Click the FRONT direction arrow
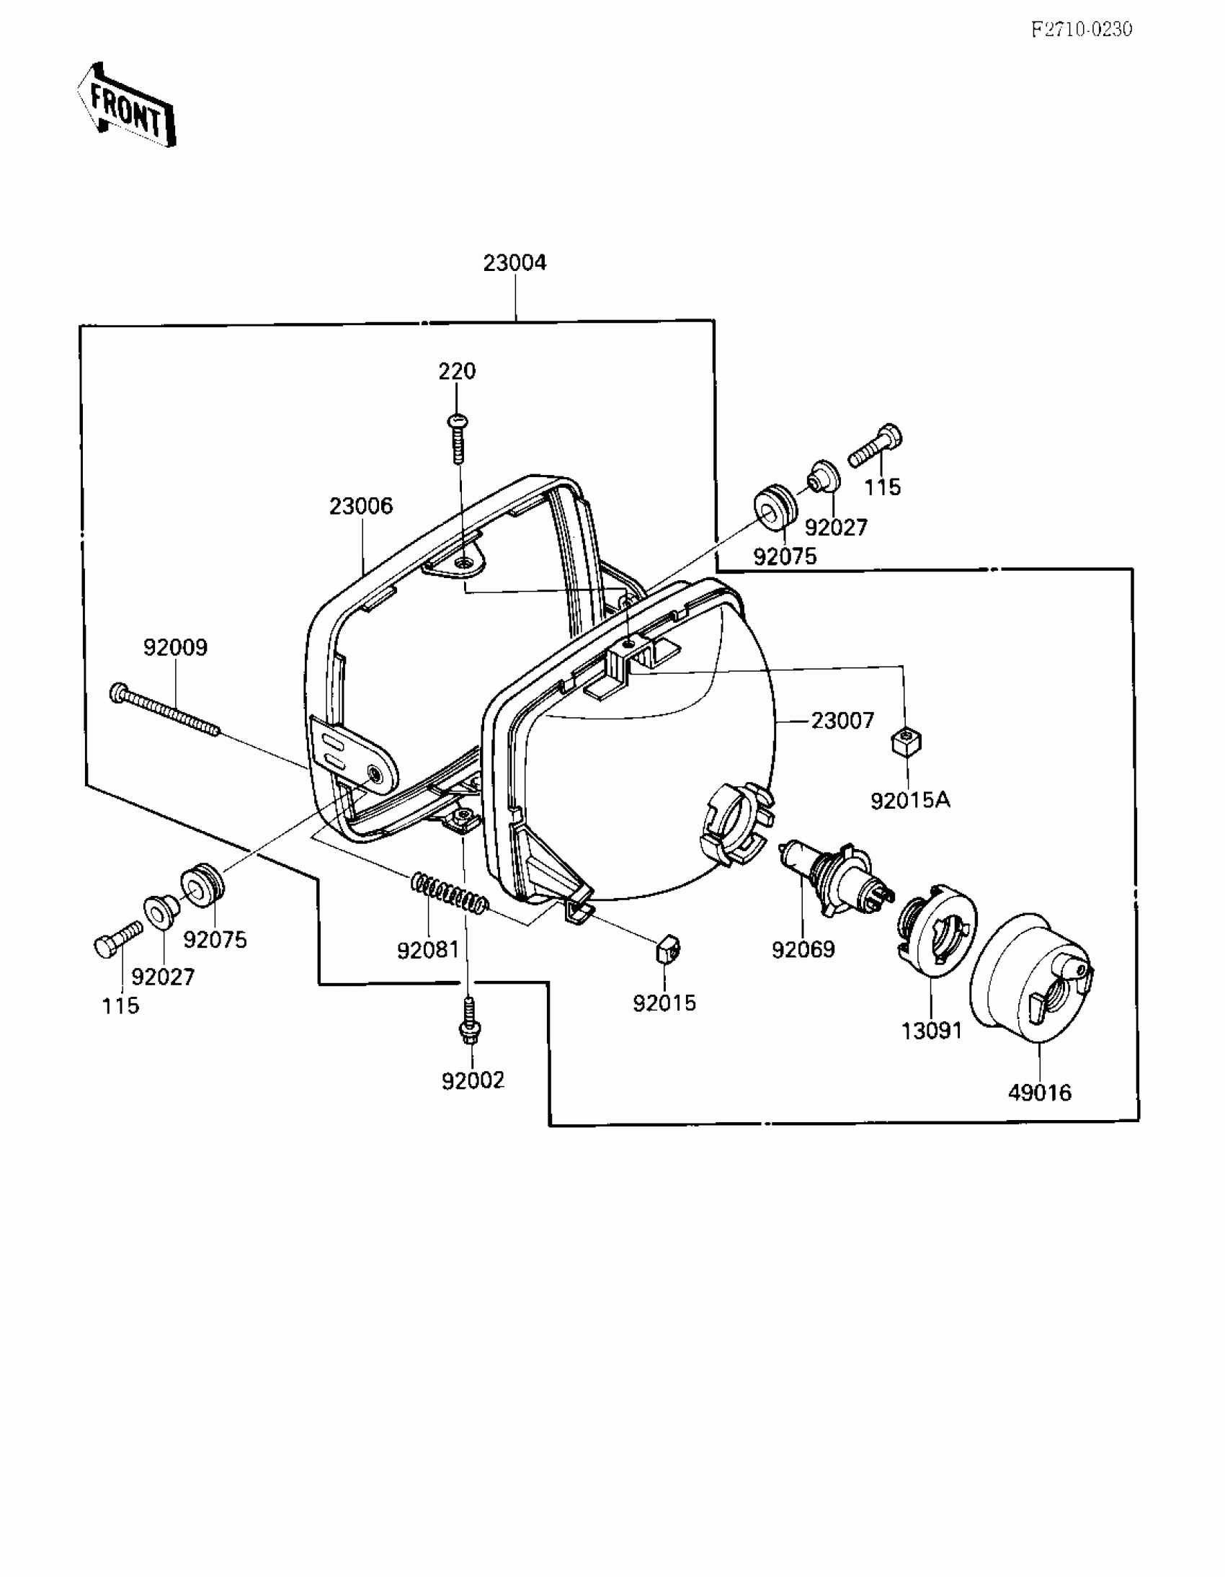(126, 105)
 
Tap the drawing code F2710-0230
(1081, 30)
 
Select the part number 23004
(514, 263)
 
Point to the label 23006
(361, 506)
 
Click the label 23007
(842, 721)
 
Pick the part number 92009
(175, 647)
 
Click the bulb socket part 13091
(936, 931)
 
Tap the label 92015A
(909, 800)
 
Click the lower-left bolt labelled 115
(117, 940)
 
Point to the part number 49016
(1040, 1093)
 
